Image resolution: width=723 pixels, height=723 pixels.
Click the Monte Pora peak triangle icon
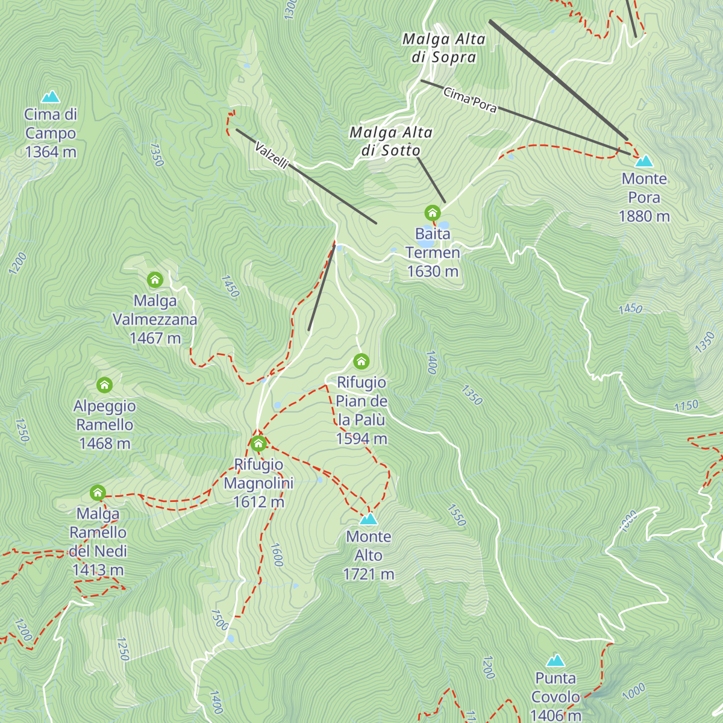click(x=644, y=161)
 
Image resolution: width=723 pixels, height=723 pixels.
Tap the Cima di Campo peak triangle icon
click(x=51, y=96)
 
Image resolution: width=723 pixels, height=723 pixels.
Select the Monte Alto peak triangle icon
click(x=368, y=519)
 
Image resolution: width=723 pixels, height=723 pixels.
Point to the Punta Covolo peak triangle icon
click(x=556, y=660)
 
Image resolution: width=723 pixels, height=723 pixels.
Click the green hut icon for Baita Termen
click(x=433, y=213)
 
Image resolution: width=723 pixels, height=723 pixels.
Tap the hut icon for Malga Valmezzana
click(x=155, y=280)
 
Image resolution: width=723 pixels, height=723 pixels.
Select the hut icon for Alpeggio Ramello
click(x=104, y=385)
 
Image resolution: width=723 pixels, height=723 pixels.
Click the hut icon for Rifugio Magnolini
click(x=258, y=444)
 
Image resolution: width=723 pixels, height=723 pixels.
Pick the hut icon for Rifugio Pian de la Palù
click(x=361, y=361)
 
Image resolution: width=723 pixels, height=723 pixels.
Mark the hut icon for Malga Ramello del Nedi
click(x=98, y=493)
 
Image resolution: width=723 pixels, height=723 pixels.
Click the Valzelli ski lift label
click(x=272, y=155)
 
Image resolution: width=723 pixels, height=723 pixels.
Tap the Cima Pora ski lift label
click(x=470, y=100)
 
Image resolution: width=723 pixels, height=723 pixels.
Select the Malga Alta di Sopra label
click(x=444, y=48)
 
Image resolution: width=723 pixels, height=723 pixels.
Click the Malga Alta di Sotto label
click(x=391, y=142)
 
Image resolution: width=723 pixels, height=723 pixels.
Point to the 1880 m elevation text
click(x=644, y=216)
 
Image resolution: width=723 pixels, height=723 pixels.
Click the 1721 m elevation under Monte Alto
click(x=368, y=574)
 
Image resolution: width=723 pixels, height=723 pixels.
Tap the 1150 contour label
click(x=686, y=406)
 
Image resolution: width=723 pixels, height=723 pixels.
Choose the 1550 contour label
click(x=457, y=515)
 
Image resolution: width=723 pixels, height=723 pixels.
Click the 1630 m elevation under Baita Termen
click(x=433, y=272)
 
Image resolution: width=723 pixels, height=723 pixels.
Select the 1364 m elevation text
click(x=51, y=152)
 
